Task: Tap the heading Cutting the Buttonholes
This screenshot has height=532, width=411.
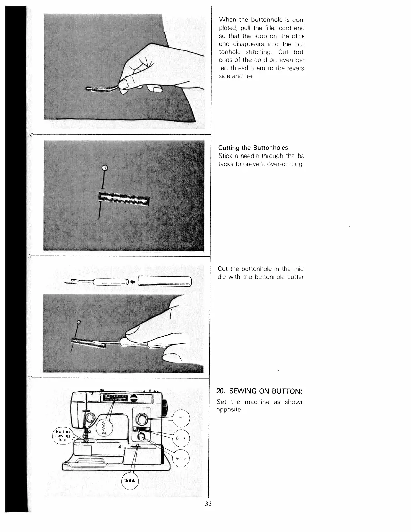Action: [x=253, y=148]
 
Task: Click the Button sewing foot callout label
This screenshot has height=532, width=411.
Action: [x=63, y=436]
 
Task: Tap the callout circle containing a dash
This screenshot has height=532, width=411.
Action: [x=181, y=418]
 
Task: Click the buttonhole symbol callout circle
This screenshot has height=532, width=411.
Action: [x=181, y=458]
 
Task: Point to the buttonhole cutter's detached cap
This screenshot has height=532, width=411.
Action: [x=164, y=281]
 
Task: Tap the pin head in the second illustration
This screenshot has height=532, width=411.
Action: [x=105, y=168]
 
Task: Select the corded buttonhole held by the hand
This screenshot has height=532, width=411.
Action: [x=101, y=90]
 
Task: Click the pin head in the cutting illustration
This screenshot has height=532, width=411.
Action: [x=79, y=323]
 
